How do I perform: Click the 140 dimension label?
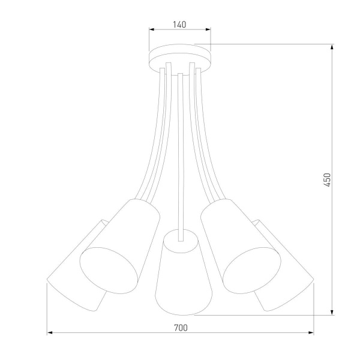(x=179, y=25)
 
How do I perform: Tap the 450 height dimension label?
(x=327, y=180)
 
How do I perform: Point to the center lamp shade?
(x=180, y=276)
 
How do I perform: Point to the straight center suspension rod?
(x=180, y=150)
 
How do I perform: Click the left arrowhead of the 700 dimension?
(x=50, y=333)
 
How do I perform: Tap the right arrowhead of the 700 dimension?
(x=311, y=333)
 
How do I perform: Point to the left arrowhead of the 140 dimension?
(x=151, y=30)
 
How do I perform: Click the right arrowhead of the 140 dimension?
(x=208, y=30)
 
